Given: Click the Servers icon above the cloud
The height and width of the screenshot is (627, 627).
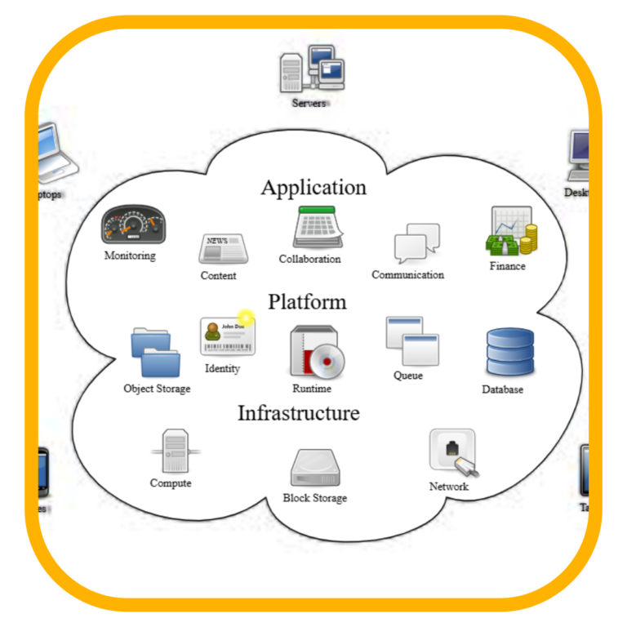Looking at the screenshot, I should click(x=311, y=70).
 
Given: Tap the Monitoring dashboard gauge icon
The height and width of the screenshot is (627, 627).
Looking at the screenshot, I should click(x=133, y=225).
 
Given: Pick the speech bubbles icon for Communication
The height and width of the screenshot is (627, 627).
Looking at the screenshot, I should click(x=416, y=243).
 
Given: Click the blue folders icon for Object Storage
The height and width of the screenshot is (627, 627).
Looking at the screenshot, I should click(x=156, y=352).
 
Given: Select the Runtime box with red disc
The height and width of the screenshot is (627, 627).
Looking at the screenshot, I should click(x=317, y=351).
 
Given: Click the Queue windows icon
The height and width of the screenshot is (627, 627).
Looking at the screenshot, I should click(x=412, y=340).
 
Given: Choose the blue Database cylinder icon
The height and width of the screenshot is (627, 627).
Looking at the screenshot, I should click(x=509, y=352).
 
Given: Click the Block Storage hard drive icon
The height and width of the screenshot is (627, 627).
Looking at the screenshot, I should click(x=315, y=467).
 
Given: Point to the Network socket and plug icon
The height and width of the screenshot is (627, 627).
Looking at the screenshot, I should click(x=453, y=453).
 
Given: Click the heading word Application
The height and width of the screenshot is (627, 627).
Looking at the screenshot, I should click(x=313, y=188).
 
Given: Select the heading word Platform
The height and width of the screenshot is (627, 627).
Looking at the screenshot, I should click(x=307, y=302).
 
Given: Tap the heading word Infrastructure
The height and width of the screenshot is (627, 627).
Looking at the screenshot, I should click(x=298, y=413).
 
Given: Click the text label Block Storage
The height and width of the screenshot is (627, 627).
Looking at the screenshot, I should click(x=314, y=498).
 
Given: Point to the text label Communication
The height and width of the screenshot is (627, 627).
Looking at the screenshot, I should click(x=407, y=275).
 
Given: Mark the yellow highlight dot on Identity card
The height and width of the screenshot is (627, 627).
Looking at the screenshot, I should click(x=246, y=318).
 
